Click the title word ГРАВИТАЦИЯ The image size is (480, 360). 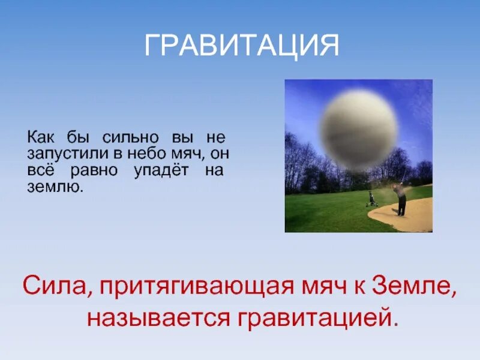(x=242, y=46)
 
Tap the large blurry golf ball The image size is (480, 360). (x=359, y=130)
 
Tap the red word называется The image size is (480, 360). (x=159, y=318)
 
